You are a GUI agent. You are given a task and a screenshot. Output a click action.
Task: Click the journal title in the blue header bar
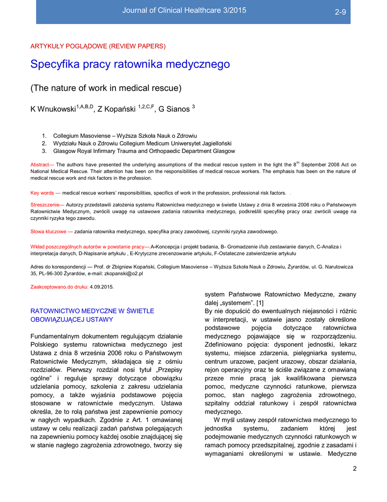tap(184, 10)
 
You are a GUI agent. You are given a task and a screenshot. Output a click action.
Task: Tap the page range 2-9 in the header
tap(340, 12)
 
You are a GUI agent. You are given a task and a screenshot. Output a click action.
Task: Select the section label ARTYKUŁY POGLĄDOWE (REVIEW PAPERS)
tap(98, 47)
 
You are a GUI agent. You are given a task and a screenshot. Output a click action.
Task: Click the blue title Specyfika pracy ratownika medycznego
tap(130, 64)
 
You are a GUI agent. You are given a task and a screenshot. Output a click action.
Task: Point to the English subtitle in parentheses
tap(106, 88)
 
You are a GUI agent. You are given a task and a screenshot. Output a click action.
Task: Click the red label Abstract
tap(42, 165)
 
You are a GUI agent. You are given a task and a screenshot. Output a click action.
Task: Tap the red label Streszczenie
tap(47, 204)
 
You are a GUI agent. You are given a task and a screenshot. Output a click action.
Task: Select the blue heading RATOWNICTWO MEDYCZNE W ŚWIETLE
tap(92, 311)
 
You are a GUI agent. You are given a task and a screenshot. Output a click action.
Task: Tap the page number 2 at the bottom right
tap(355, 469)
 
